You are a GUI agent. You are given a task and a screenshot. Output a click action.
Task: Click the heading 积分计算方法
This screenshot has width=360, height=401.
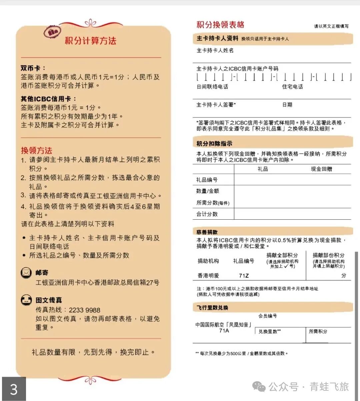pos(90,41)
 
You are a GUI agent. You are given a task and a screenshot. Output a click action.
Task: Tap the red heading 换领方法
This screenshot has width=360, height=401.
pos(36,150)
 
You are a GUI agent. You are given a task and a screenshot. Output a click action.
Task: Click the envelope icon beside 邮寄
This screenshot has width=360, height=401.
pos(26,273)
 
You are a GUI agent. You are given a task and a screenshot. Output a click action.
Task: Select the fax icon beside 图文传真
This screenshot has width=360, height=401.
pos(26,300)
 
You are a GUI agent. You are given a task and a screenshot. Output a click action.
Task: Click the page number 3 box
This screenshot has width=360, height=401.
pos(14,389)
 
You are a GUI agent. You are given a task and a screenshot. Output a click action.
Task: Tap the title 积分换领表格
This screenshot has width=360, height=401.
pos(220,25)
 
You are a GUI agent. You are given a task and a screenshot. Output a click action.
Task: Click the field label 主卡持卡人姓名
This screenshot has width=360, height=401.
pos(215,50)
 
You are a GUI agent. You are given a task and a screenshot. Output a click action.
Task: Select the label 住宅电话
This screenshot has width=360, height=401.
pos(292,87)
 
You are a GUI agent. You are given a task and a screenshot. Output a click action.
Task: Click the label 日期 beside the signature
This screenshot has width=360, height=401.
pos(287,105)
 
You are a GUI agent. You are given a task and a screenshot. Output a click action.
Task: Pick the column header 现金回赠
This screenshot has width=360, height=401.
pos(321,169)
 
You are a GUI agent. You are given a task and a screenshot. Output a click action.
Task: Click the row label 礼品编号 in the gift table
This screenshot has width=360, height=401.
pos(207,180)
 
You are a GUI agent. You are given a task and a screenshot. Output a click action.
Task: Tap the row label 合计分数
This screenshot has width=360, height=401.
pos(207,214)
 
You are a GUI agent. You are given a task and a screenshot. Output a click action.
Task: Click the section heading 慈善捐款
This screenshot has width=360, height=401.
pos(207,232)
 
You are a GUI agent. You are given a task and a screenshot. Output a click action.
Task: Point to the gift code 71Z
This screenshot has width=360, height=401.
pos(244,276)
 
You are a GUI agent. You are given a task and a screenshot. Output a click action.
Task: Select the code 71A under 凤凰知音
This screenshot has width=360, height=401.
pos(224,331)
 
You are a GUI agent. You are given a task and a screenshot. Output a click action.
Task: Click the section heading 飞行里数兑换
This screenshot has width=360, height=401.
pos(212,308)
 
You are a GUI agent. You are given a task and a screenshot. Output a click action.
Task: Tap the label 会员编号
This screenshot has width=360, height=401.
pos(267,316)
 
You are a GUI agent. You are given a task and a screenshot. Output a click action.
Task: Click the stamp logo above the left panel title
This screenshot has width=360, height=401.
pos(53,32)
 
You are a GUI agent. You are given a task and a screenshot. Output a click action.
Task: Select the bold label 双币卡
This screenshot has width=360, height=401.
pos(33,68)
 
